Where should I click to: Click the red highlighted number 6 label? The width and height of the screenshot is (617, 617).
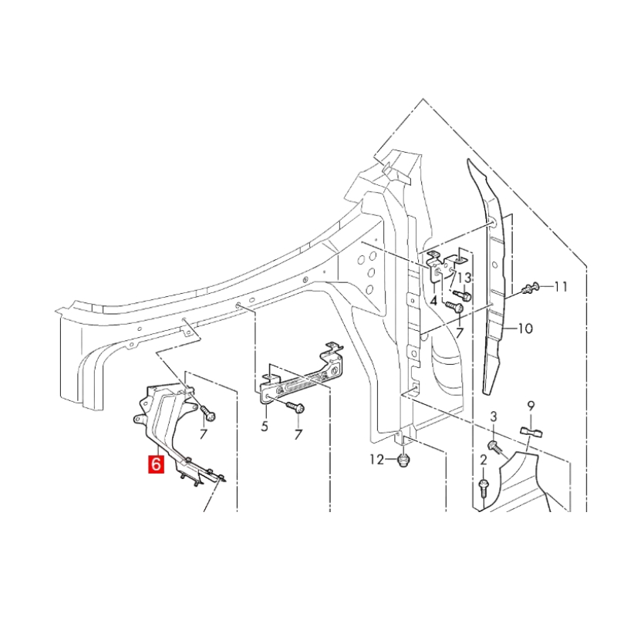(156, 464)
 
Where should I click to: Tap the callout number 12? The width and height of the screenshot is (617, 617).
(376, 460)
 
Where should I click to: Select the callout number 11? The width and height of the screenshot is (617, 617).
(561, 287)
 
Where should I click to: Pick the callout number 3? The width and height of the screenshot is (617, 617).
(494, 417)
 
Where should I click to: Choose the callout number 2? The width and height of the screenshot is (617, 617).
(484, 460)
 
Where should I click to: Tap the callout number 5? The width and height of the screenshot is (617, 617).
(264, 426)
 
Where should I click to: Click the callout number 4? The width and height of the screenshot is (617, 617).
(434, 301)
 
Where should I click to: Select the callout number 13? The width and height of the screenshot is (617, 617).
(464, 278)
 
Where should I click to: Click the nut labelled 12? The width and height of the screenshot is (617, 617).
(402, 460)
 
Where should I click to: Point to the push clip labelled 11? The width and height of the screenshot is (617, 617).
(530, 288)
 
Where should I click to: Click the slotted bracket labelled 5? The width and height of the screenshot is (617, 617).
(301, 379)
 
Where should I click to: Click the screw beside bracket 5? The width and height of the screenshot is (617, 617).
(295, 406)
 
